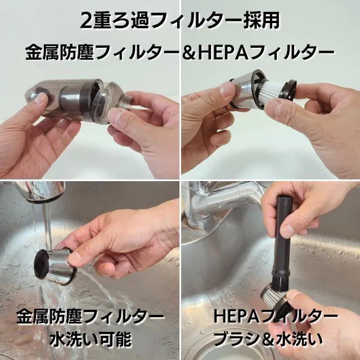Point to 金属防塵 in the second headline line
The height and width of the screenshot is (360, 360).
pos(60,52)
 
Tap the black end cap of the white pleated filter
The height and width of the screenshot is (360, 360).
pos(290,90)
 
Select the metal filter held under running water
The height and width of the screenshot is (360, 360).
pos(55,265)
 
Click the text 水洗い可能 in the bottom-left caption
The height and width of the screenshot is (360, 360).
pos(90,340)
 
